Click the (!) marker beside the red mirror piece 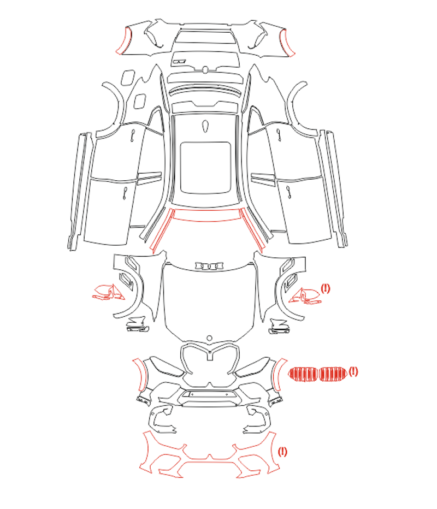pyautogui.click(x=325, y=288)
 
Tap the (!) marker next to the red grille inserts pyautogui.click(x=353, y=371)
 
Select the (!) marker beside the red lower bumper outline pyautogui.click(x=282, y=452)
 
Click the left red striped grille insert pyautogui.click(x=303, y=374)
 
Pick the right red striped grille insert pyautogui.click(x=333, y=374)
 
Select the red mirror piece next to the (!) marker pyautogui.click(x=305, y=296)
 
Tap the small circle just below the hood pyautogui.click(x=209, y=338)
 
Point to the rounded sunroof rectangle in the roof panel pyautogui.click(x=205, y=168)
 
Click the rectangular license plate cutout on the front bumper pyautogui.click(x=209, y=395)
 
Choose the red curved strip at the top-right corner pyautogui.click(x=288, y=42)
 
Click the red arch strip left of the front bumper pyautogui.click(x=140, y=375)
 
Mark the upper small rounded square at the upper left pyautogui.click(x=128, y=78)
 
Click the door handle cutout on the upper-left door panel pyautogui.click(x=133, y=135)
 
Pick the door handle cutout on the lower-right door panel pyautogui.click(x=288, y=192)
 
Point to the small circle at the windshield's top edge pyautogui.click(x=205, y=69)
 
